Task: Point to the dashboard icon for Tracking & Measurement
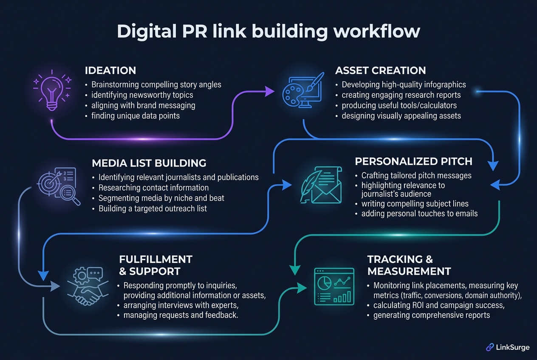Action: tap(334, 287)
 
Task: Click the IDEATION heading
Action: tap(110, 70)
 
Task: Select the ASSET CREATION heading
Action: tap(380, 70)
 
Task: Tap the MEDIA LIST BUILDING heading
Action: tap(149, 163)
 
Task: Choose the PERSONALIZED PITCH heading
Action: tap(413, 161)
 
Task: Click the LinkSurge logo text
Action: tap(513, 347)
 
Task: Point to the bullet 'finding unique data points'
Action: tap(135, 115)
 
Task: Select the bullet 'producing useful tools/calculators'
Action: tap(399, 105)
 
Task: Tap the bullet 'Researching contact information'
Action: tap(153, 188)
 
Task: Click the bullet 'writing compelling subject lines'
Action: tap(415, 204)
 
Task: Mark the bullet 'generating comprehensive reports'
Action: tap(432, 315)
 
